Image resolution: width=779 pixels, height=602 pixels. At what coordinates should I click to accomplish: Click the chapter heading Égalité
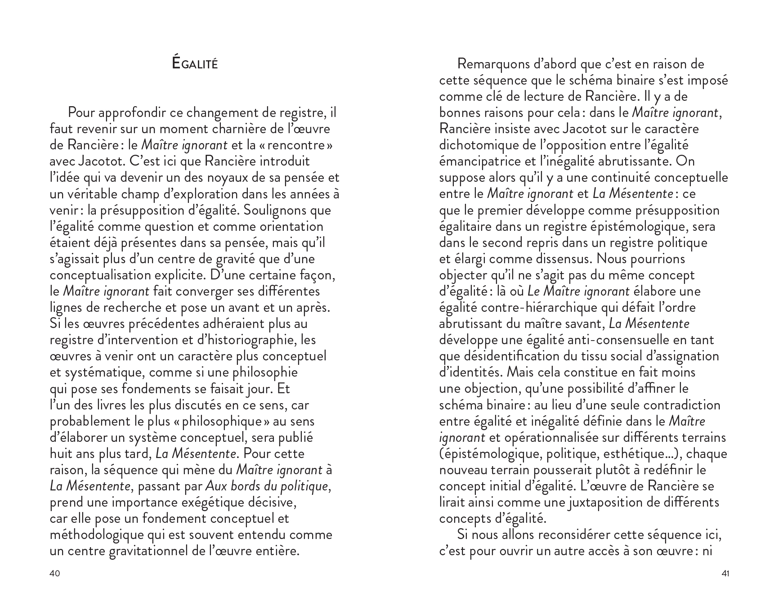click(x=195, y=63)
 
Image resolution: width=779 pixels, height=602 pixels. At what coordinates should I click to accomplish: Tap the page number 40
click(x=54, y=573)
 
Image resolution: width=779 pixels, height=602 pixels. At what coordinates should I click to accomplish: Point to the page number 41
click(x=725, y=573)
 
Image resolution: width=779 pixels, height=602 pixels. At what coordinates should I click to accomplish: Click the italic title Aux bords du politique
click(x=267, y=486)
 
